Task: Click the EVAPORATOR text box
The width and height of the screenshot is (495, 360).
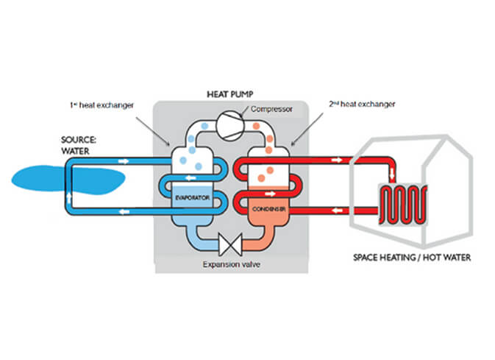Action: coord(194,200)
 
